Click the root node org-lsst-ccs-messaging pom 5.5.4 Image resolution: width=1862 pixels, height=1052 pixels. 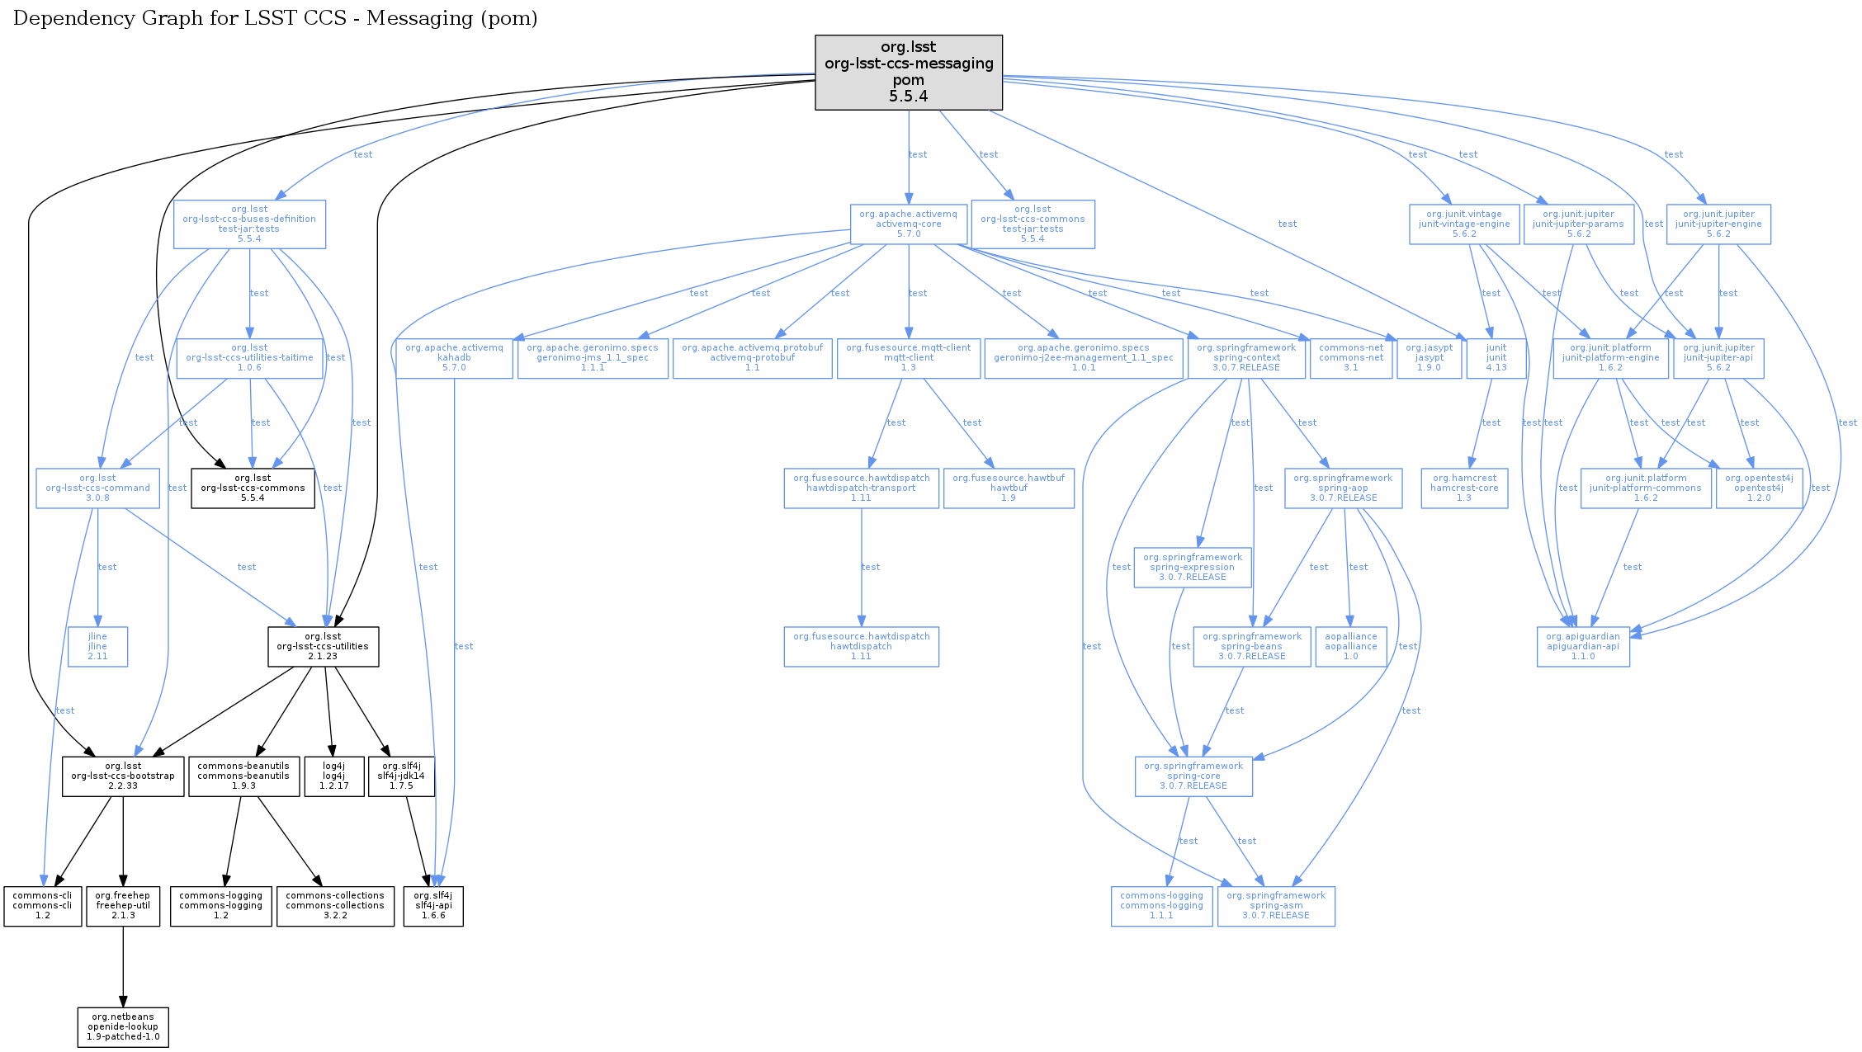click(908, 72)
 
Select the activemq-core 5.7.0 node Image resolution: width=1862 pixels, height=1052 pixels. click(908, 224)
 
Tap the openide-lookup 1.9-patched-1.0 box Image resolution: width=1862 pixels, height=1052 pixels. click(123, 1026)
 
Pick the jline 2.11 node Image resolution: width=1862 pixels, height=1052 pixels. click(97, 646)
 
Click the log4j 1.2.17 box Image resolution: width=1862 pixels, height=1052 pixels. click(333, 776)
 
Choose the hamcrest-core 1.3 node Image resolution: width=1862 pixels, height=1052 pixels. click(1463, 488)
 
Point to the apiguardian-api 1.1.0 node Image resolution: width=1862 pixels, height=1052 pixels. click(1582, 646)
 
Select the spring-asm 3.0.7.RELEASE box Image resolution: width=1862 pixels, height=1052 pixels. click(1275, 905)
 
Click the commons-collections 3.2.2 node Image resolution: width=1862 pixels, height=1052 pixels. click(335, 905)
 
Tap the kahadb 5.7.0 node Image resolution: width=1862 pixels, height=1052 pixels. click(454, 357)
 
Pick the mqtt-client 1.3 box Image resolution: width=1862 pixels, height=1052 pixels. click(908, 357)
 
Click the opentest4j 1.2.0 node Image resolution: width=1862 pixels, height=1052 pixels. click(1758, 488)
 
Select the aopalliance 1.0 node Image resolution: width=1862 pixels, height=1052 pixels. click(1350, 646)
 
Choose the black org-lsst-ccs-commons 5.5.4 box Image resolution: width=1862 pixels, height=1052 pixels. click(253, 488)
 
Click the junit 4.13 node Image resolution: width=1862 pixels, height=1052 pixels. click(1496, 357)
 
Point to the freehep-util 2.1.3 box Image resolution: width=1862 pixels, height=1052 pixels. click(123, 905)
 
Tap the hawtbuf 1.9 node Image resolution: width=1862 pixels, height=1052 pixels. click(1008, 488)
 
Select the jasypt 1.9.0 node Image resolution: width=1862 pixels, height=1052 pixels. click(1429, 357)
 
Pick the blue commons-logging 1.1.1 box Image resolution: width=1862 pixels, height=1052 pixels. click(1161, 905)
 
